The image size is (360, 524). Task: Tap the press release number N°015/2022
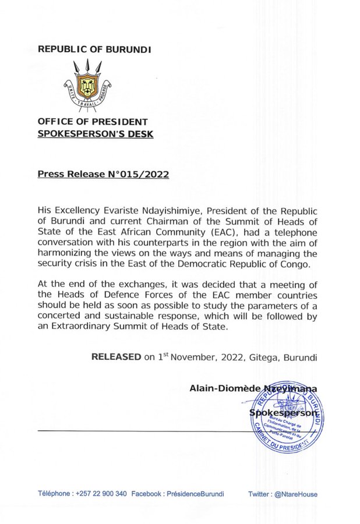[137, 174]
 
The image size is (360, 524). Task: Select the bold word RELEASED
[116, 356]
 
